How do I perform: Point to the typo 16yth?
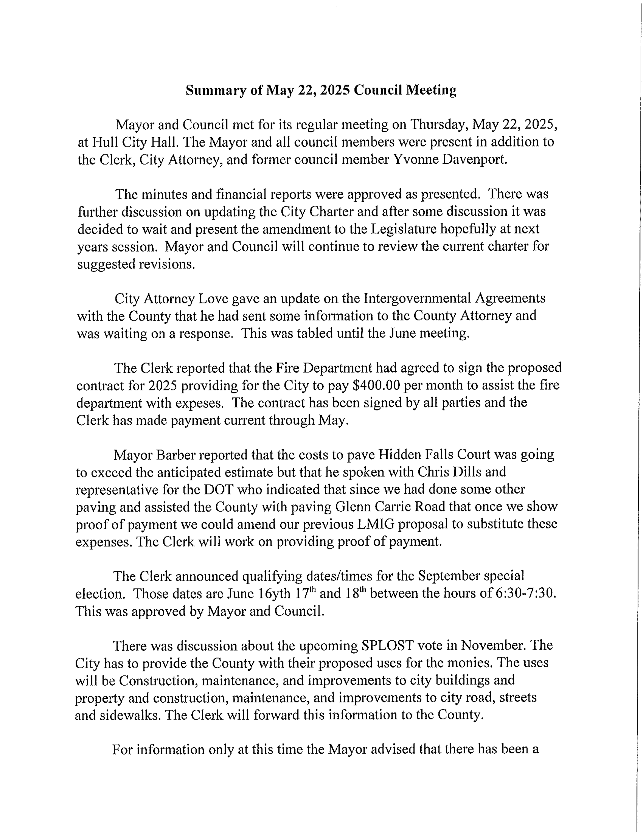pos(274,593)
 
